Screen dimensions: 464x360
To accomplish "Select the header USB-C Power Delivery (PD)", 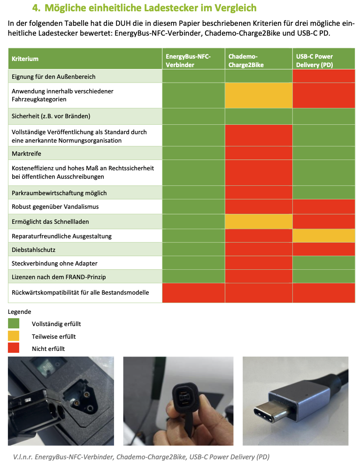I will tap(314, 61).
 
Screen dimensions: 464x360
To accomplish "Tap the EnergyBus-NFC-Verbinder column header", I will tap(188, 61).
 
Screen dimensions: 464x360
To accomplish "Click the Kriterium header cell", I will tap(25, 59).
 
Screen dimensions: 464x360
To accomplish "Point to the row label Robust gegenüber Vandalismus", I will tap(55, 206).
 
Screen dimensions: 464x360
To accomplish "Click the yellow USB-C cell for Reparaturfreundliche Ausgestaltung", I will tap(323, 236).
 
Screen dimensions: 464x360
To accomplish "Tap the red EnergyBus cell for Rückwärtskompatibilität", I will tap(193, 293).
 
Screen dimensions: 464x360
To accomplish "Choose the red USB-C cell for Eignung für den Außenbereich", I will tap(323, 76).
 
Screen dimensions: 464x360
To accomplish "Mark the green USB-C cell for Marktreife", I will tap(323, 153).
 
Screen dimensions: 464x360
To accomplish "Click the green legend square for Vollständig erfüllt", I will tap(14, 323).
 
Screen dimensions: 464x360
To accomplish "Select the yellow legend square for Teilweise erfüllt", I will tap(14, 336).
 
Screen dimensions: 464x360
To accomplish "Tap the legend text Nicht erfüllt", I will tap(48, 349).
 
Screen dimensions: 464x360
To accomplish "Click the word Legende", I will tap(20, 312).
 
